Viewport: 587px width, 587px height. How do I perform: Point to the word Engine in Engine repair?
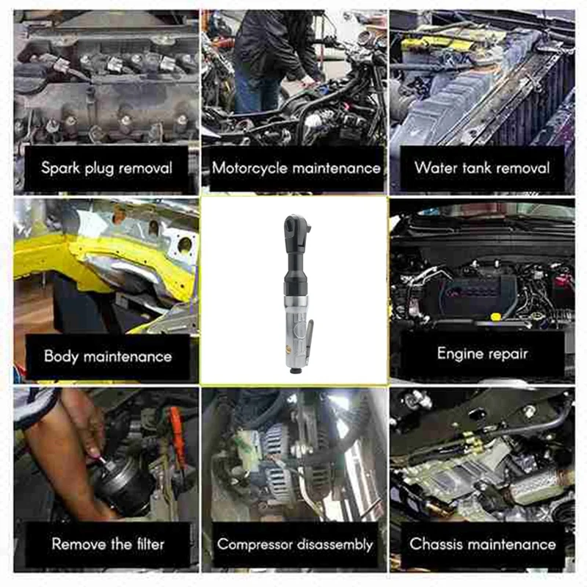tap(460, 354)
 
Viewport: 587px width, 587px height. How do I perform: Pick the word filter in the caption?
tap(144, 544)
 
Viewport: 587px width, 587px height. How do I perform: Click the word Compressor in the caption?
tap(255, 545)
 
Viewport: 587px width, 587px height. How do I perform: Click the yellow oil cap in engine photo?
tap(495, 316)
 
